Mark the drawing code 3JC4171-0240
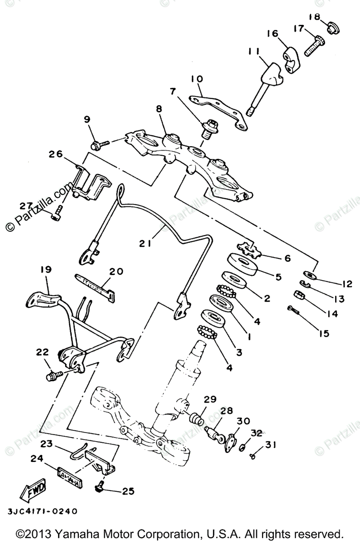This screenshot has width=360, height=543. coord(42,511)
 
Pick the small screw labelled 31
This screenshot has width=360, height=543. coord(252,457)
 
